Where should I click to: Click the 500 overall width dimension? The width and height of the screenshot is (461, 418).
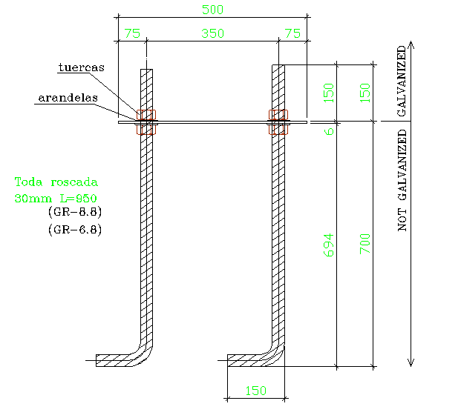tap(212, 10)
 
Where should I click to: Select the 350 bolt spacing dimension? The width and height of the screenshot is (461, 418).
tap(212, 33)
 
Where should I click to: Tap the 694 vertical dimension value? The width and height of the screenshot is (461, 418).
tap(328, 245)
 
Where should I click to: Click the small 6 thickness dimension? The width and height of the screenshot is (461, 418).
tap(329, 130)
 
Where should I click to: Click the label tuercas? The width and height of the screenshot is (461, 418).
tap(82, 67)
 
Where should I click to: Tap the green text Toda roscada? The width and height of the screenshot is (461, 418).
tap(56, 182)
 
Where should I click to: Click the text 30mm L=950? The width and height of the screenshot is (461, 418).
tap(56, 198)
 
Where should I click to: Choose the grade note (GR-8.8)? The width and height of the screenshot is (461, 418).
tap(74, 213)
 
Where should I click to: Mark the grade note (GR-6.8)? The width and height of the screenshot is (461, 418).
tap(74, 230)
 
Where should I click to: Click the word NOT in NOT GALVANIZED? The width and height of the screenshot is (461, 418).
tap(403, 221)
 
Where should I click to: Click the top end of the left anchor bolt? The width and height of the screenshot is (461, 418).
tap(147, 72)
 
